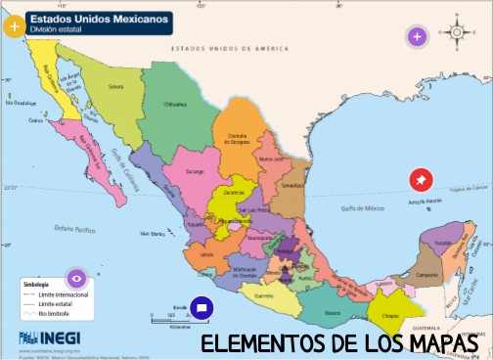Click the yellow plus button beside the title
(14, 26)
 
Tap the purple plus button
(417, 37)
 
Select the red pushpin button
(420, 180)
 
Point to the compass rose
(456, 32)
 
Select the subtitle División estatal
(56, 30)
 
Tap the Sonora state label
(115, 87)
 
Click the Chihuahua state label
(174, 103)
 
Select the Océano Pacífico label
(72, 228)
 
